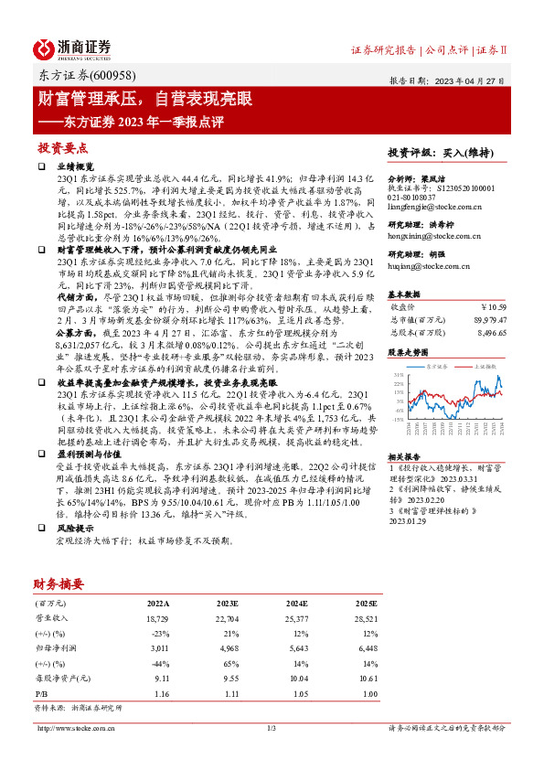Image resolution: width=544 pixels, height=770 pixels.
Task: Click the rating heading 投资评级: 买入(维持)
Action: [x=440, y=153]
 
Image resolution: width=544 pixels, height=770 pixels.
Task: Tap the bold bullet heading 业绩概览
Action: [x=76, y=167]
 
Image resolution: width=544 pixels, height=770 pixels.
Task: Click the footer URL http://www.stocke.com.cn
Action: [x=74, y=728]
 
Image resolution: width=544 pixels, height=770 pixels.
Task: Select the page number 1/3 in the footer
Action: [x=271, y=728]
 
